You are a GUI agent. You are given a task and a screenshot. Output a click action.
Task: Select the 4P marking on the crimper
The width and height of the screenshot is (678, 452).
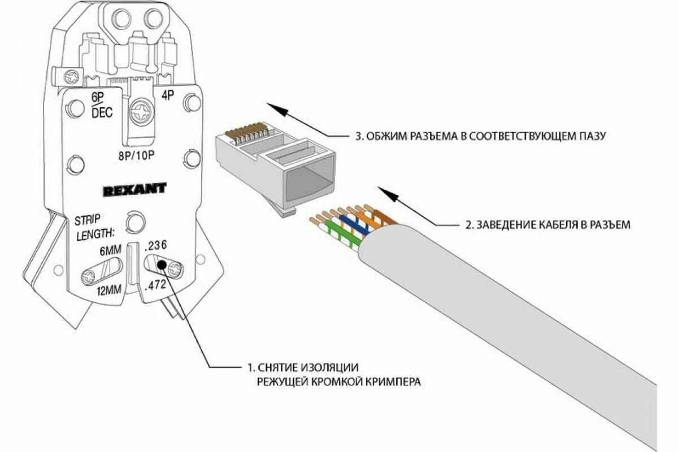(x=168, y=96)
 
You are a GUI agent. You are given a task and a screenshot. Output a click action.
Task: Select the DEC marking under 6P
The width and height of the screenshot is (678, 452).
(x=102, y=113)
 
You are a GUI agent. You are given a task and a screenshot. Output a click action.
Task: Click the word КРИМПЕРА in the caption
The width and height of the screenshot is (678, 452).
(x=390, y=382)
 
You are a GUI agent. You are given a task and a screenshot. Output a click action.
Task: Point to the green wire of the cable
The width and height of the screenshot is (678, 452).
(x=339, y=234)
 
